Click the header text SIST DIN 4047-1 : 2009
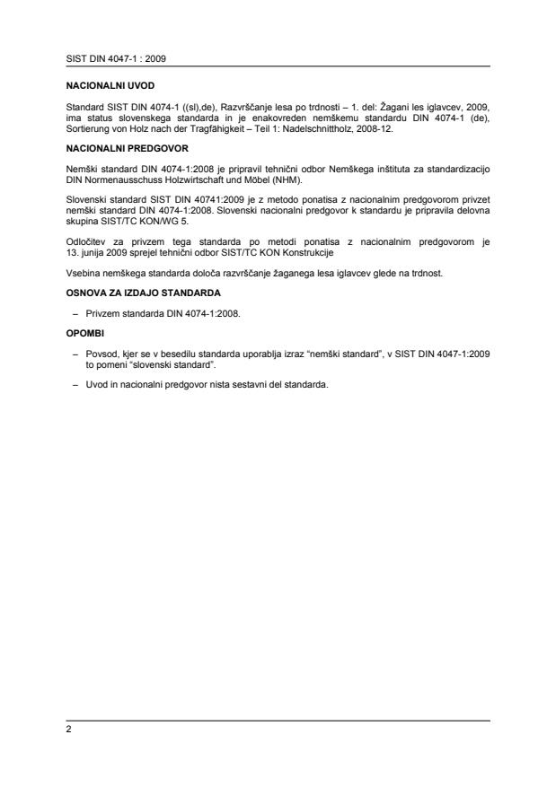[104, 58]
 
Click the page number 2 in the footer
[68, 730]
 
